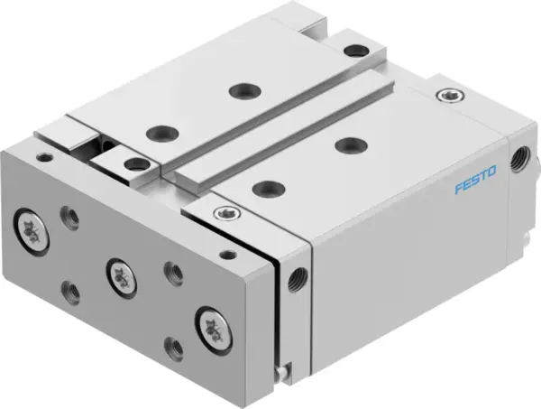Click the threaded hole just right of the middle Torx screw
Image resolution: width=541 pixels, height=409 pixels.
tap(171, 270)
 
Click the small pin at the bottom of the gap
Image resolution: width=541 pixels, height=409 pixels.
tap(283, 368)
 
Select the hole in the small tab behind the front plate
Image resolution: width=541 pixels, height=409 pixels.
tap(136, 163)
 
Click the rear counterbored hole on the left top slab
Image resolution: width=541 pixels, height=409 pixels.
tap(241, 90)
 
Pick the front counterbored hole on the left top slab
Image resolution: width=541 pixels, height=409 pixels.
tap(163, 131)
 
